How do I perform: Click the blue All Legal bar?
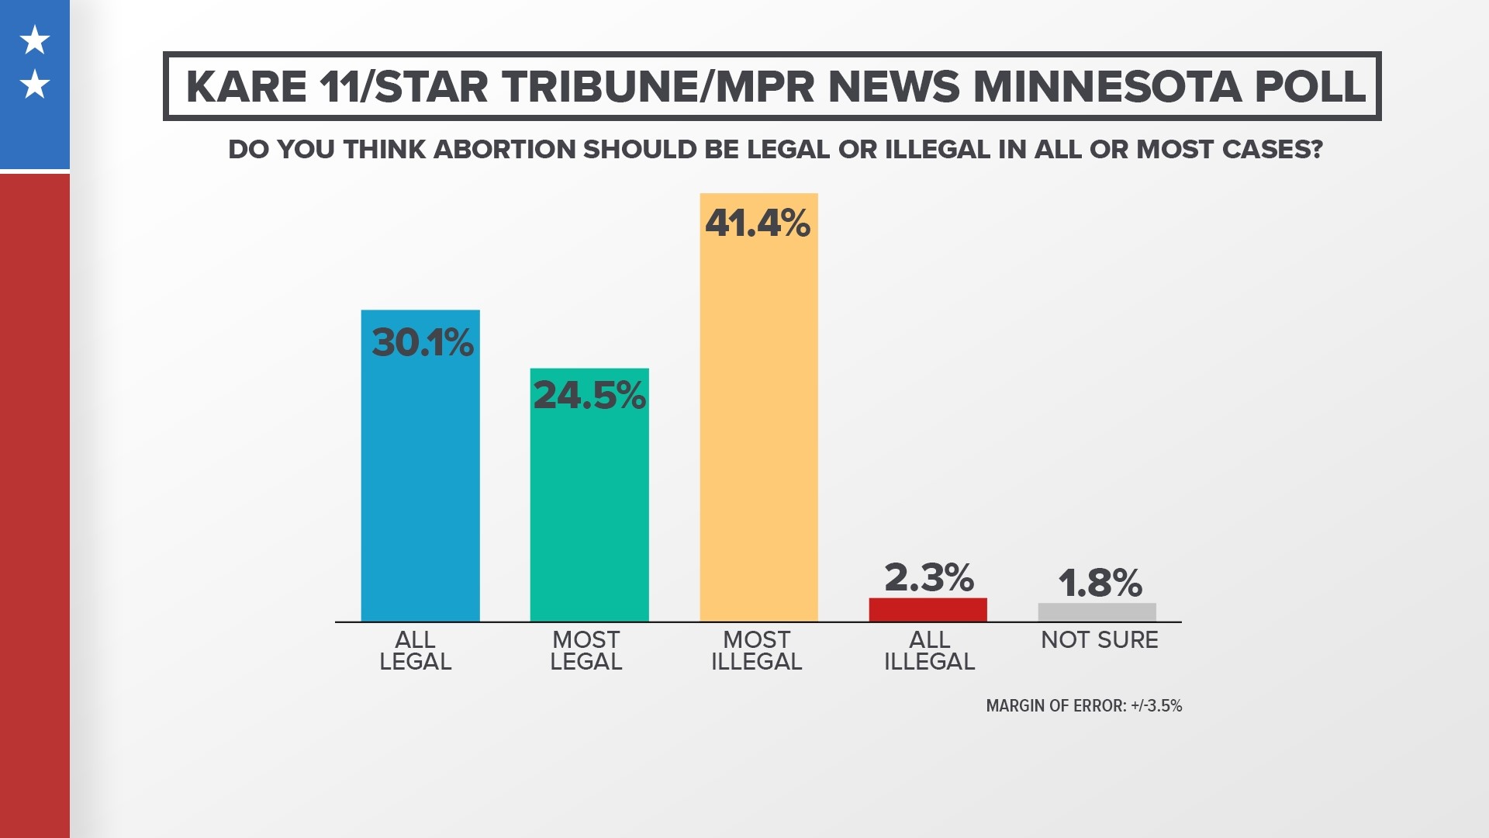pos(420,481)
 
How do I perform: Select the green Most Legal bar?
pos(589,512)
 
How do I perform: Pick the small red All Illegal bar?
pos(928,610)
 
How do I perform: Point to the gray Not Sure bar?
pos(1097,612)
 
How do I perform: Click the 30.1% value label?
pos(422,342)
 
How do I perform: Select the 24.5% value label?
pos(589,395)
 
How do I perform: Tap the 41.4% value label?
pos(758,223)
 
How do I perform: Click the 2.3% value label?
pos(928,577)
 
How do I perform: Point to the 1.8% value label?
pos(1099,583)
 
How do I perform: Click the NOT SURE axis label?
pos(1099,640)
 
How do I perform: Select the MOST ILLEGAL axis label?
pos(756,651)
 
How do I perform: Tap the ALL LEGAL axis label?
pos(415,651)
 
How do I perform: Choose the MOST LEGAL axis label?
pos(586,651)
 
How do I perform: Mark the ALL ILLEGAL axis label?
pos(928,651)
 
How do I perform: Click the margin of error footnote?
pos(1083,706)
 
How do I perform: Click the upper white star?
pos(35,40)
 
